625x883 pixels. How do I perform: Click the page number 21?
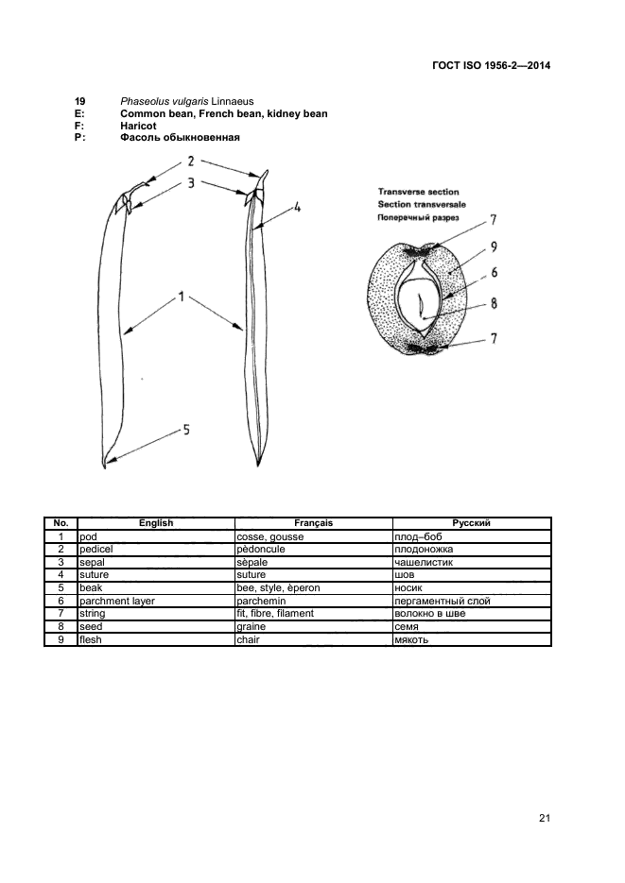coord(544,818)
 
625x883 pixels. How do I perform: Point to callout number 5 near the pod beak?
coord(186,430)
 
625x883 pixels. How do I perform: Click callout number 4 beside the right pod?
coord(297,207)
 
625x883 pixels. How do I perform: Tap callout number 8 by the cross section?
coord(494,304)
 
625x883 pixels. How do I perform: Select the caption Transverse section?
coord(418,192)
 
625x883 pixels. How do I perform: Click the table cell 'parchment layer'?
coord(117,601)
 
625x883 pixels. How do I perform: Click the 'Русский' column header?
coord(471,523)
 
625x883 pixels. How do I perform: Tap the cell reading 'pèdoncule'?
coord(268,549)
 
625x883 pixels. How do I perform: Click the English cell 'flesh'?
coord(91,639)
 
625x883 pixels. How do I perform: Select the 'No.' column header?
coord(61,523)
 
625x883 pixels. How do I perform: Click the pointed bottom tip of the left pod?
coord(103,465)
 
